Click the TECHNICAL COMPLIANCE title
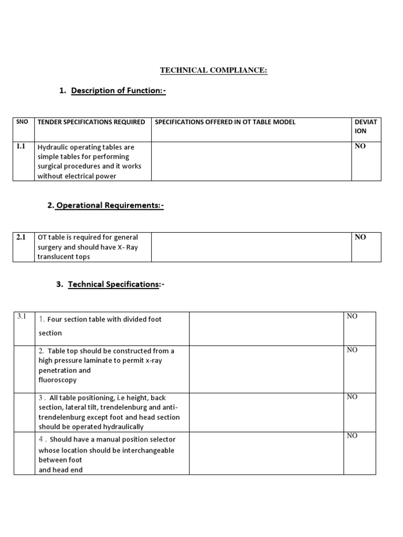(214, 71)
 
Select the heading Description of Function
(118, 91)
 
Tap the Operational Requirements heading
(110, 206)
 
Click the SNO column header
(23, 122)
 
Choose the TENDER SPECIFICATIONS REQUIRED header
(91, 122)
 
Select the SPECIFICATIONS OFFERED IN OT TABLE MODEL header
(225, 122)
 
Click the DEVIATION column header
(366, 126)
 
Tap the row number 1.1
(22, 147)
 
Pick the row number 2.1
(22, 238)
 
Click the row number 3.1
(22, 316)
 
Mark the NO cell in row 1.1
(360, 146)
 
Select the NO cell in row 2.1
(360, 237)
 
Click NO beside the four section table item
(352, 316)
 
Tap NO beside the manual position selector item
(352, 436)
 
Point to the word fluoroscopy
(57, 380)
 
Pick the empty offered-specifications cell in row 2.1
(251, 247)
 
